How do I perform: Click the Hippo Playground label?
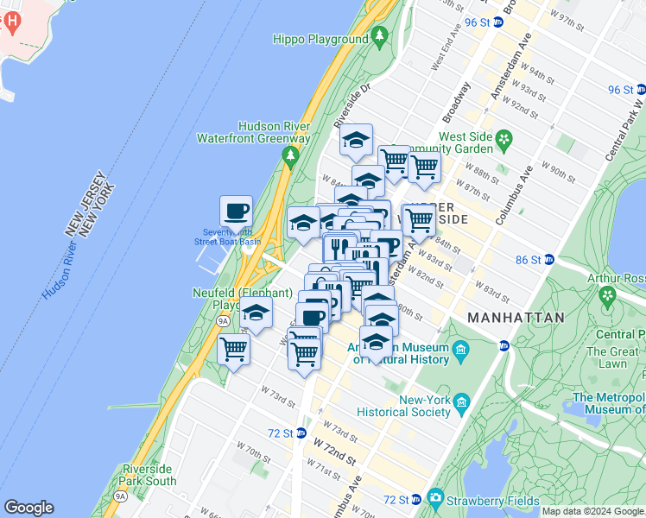tap(320, 39)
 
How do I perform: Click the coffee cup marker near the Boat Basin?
tap(236, 211)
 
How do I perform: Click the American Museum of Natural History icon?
tap(460, 350)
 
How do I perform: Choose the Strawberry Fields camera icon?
tap(434, 498)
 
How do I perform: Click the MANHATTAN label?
tap(516, 318)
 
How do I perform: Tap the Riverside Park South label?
tap(149, 475)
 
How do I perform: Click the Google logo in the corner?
tap(28, 508)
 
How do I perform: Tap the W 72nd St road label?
tap(335, 449)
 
